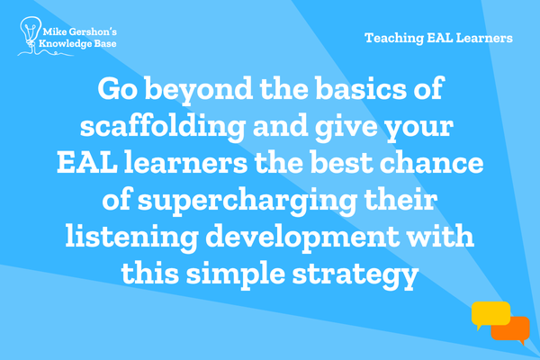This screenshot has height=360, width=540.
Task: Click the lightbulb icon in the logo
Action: (x=30, y=31)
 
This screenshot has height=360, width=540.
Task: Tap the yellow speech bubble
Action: (x=490, y=314)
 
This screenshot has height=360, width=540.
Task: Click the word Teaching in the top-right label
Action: (x=394, y=38)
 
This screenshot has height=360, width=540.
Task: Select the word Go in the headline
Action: (x=117, y=88)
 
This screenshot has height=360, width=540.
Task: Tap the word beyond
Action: (x=198, y=90)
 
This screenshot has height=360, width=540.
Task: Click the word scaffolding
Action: (x=163, y=127)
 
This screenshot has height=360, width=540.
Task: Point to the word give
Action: (x=346, y=127)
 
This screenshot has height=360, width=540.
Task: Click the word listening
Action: (x=132, y=238)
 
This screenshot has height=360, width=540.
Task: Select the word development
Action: (x=302, y=238)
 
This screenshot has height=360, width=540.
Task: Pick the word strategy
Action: (x=355, y=276)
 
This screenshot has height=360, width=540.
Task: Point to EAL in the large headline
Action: (x=86, y=163)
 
